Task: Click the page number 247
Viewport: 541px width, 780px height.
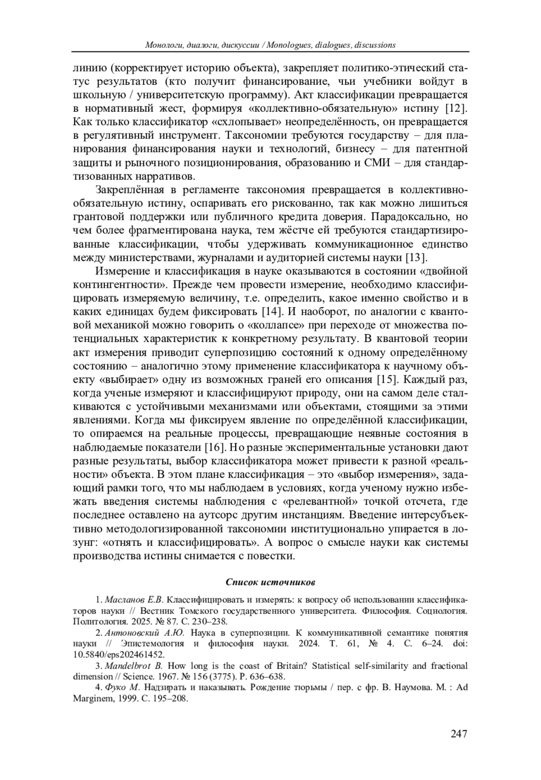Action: click(x=458, y=734)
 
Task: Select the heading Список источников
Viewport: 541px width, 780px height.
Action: click(x=270, y=582)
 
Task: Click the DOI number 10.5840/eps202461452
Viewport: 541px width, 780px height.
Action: click(x=119, y=655)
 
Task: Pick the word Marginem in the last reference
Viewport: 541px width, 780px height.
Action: click(x=91, y=698)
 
